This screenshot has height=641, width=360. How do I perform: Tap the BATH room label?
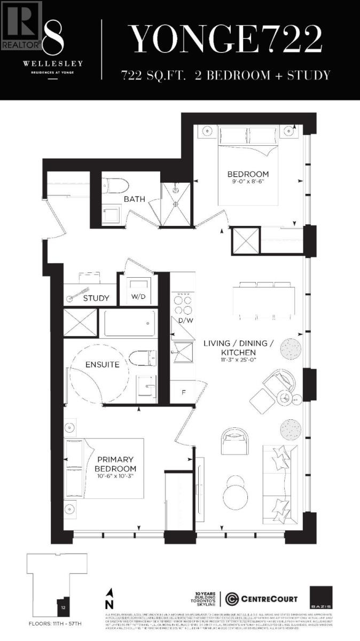point(135,199)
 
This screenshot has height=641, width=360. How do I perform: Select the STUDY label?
point(96,298)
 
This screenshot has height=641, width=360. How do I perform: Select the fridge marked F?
point(183,392)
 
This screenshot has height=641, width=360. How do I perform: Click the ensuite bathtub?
point(129,323)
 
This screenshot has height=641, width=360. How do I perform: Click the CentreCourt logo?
point(261,598)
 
